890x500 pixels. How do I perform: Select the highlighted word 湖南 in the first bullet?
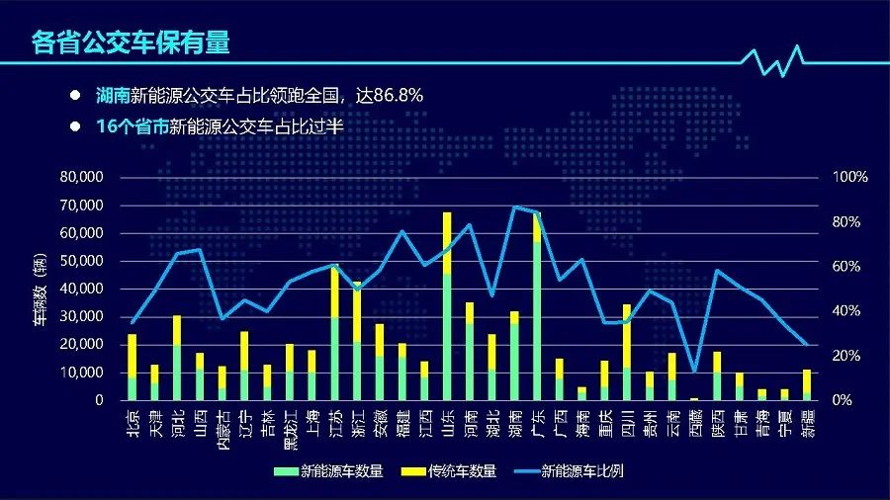(x=112, y=96)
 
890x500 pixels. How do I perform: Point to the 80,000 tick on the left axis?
(x=82, y=177)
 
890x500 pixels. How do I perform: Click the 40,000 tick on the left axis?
(x=82, y=289)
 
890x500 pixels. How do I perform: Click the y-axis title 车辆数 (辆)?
(x=37, y=289)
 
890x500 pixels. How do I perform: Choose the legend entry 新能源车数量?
(x=341, y=470)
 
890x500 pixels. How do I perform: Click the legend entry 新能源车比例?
(x=578, y=470)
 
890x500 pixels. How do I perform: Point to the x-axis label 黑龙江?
(x=289, y=429)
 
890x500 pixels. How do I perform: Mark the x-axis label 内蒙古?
(x=222, y=429)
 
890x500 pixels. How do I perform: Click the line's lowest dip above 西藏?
(x=694, y=372)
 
